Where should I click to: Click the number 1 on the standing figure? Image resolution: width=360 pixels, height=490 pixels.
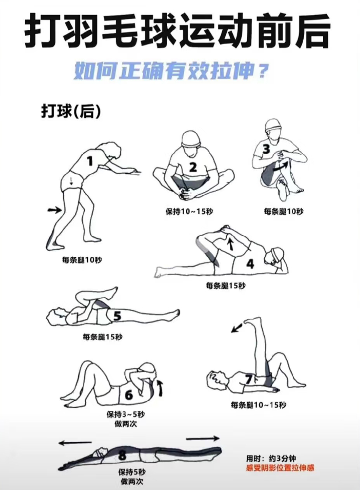(90, 162)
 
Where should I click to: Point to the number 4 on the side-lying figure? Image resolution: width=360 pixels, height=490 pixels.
(250, 264)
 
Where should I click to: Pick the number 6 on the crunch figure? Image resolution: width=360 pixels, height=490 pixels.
(128, 395)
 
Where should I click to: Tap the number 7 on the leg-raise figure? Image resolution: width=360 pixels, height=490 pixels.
(249, 379)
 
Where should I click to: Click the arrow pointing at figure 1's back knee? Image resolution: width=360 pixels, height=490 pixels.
(55, 210)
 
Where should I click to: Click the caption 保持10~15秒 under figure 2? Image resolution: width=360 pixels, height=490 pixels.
(189, 212)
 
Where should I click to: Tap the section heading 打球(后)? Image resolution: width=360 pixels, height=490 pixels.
(71, 113)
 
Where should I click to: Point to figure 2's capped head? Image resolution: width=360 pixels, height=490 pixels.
(191, 141)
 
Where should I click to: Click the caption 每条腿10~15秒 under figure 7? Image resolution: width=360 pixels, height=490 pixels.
(259, 405)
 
